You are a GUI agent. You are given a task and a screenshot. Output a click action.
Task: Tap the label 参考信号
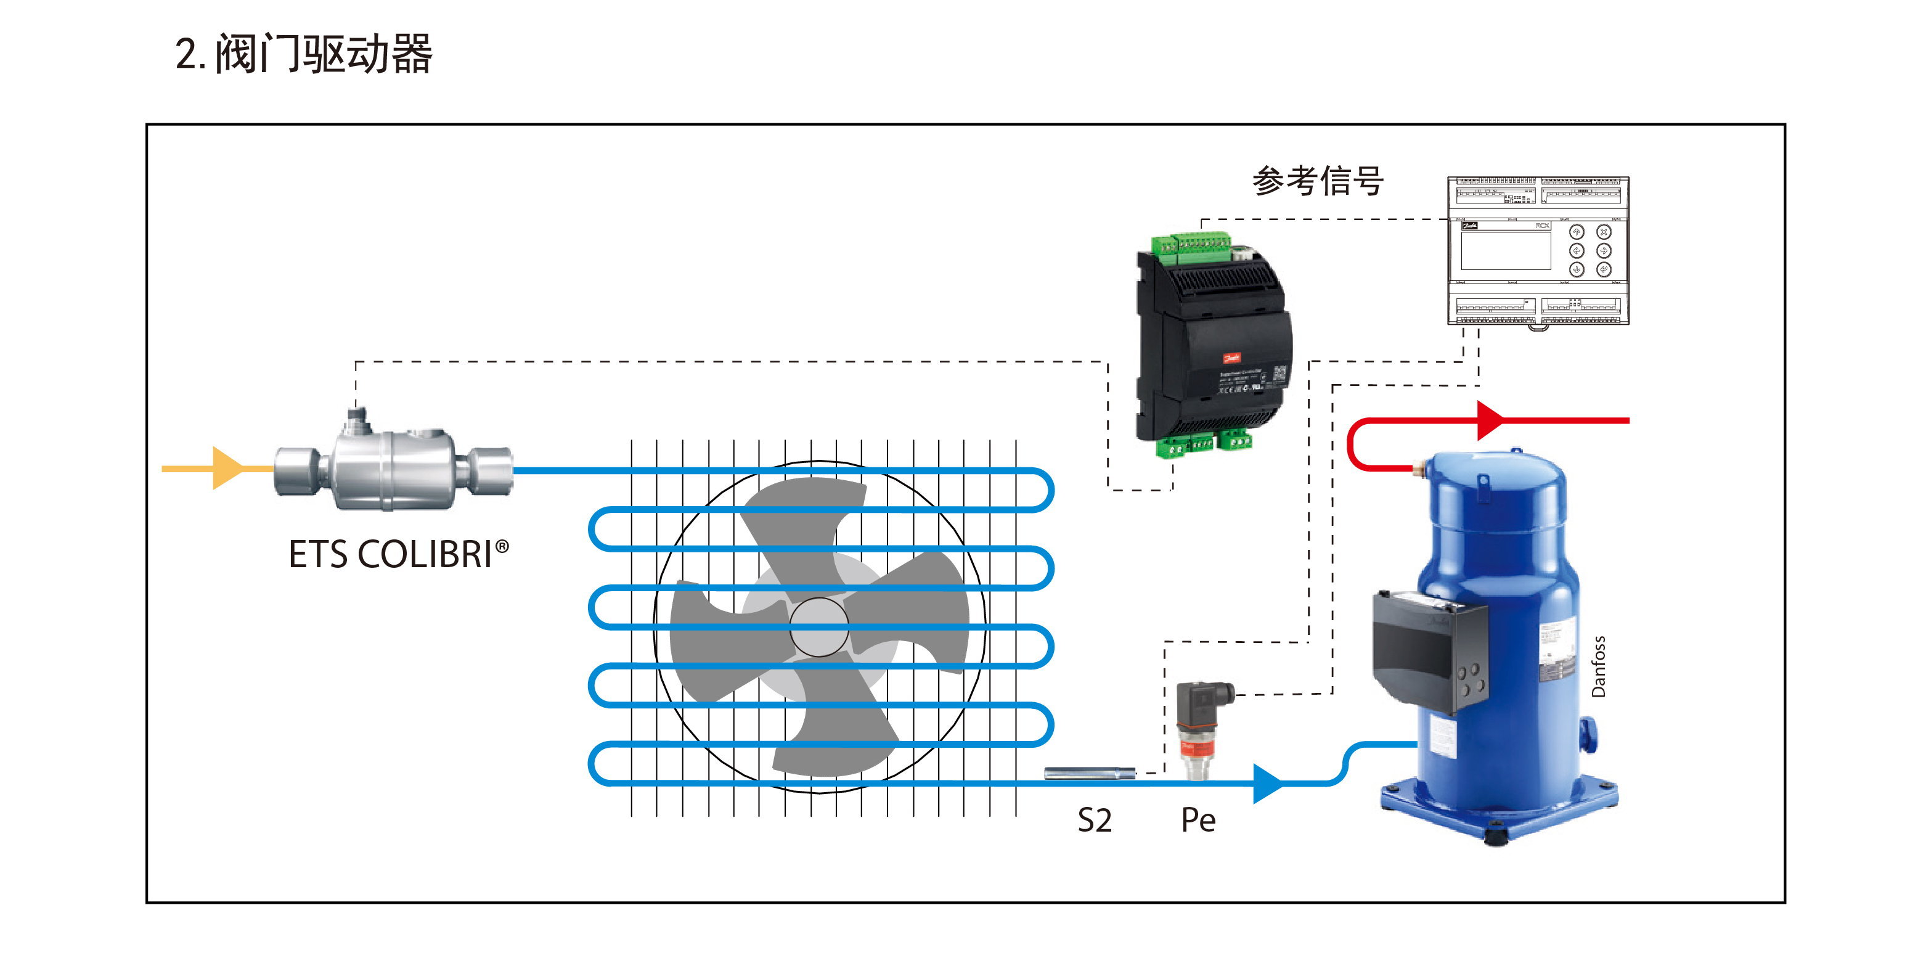coord(1318,181)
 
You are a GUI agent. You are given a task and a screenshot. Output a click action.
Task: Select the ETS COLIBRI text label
coord(390,554)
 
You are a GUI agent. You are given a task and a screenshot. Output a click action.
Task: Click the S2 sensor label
coord(1094,821)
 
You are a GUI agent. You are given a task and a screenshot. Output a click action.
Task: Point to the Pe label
coord(1198,821)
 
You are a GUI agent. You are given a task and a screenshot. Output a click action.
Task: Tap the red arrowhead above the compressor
coord(1490,420)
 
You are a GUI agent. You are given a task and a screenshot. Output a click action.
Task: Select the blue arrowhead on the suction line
coord(1267,783)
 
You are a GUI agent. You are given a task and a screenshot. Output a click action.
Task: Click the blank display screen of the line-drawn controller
coord(1505,250)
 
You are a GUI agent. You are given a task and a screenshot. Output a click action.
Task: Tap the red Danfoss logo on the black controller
coord(1231,358)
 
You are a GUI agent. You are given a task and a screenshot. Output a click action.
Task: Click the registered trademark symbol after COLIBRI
coord(502,547)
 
